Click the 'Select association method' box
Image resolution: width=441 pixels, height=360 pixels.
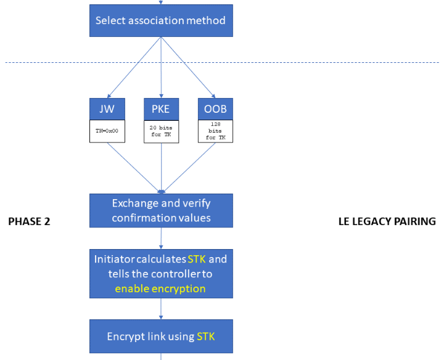(x=161, y=20)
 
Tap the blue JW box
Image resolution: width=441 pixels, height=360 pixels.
(x=107, y=109)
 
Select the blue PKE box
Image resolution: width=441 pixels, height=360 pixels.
(x=161, y=109)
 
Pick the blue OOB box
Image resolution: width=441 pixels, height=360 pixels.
(x=215, y=109)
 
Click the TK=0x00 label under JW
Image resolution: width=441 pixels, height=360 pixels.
(x=107, y=131)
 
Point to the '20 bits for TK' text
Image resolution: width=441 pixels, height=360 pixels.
(x=161, y=131)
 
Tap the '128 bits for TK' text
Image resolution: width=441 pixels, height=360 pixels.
(x=215, y=131)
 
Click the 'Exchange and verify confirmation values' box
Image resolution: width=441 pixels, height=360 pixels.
(x=161, y=210)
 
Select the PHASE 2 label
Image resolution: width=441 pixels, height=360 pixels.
(x=29, y=221)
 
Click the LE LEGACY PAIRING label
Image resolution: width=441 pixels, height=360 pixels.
(x=387, y=221)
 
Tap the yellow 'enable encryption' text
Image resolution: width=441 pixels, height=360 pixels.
(x=160, y=288)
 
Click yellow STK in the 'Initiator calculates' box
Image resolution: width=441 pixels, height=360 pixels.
(x=197, y=259)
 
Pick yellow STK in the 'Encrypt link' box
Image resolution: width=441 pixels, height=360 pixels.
(x=206, y=337)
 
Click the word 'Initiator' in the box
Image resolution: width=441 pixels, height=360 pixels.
(x=115, y=259)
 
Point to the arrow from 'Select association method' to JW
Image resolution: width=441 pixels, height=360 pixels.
(x=134, y=67)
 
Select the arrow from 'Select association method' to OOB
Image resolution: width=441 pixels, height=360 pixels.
(x=188, y=67)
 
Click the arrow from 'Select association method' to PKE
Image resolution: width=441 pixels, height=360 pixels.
(x=161, y=67)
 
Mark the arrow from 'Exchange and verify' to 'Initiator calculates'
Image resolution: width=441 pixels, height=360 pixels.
(x=161, y=239)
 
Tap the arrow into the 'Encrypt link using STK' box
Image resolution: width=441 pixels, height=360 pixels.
(x=161, y=309)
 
